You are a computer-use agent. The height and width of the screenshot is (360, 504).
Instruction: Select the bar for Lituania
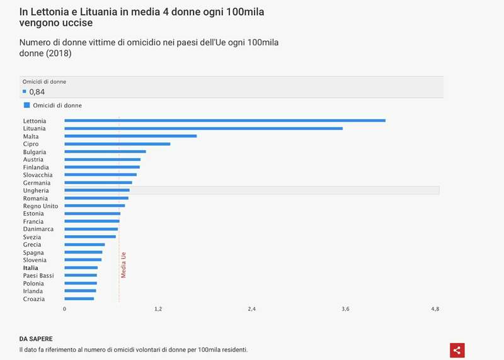203,129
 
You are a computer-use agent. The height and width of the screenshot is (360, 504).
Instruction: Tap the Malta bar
130,136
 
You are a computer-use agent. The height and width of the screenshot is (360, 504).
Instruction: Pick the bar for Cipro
117,144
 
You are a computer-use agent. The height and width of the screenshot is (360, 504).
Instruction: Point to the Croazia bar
79,299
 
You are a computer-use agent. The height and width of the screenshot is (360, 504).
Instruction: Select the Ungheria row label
35,190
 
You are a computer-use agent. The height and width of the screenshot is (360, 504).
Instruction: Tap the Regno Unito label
40,206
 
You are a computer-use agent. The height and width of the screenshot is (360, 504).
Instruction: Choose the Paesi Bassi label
38,276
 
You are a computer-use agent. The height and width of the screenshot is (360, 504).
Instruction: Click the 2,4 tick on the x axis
251,309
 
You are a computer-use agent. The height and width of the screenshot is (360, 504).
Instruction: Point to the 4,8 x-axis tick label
435,309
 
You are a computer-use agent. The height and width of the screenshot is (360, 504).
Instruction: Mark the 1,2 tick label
158,309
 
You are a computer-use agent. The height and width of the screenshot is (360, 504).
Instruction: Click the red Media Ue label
123,265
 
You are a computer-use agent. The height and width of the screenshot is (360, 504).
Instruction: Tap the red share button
457,350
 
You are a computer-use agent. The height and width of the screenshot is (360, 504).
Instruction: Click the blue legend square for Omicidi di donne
26,105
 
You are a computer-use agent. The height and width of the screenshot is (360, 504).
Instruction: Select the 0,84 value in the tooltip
37,91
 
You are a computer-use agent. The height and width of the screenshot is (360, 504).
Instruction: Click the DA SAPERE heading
36,339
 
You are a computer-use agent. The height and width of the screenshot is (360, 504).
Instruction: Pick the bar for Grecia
84,245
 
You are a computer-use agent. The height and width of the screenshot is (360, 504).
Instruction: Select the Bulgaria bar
105,151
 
